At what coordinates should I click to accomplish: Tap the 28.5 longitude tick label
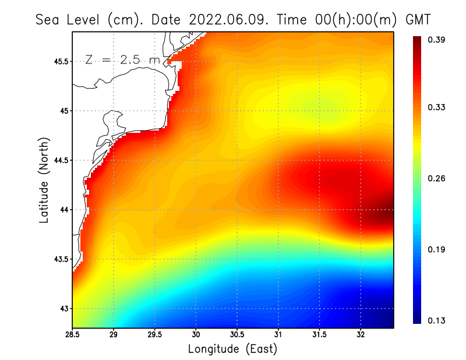click(72, 335)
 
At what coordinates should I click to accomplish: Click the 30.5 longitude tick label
click(237, 335)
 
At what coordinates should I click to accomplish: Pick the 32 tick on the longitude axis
click(361, 335)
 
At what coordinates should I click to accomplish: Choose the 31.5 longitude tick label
click(319, 335)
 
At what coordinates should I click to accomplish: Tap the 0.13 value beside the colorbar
click(438, 320)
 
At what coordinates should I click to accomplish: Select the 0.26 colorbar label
click(438, 178)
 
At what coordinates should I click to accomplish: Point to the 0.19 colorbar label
click(438, 249)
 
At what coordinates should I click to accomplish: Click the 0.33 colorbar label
click(438, 107)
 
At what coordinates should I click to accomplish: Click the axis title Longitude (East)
click(232, 349)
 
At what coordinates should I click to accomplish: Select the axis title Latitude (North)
click(44, 180)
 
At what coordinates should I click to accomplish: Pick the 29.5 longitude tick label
click(155, 335)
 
